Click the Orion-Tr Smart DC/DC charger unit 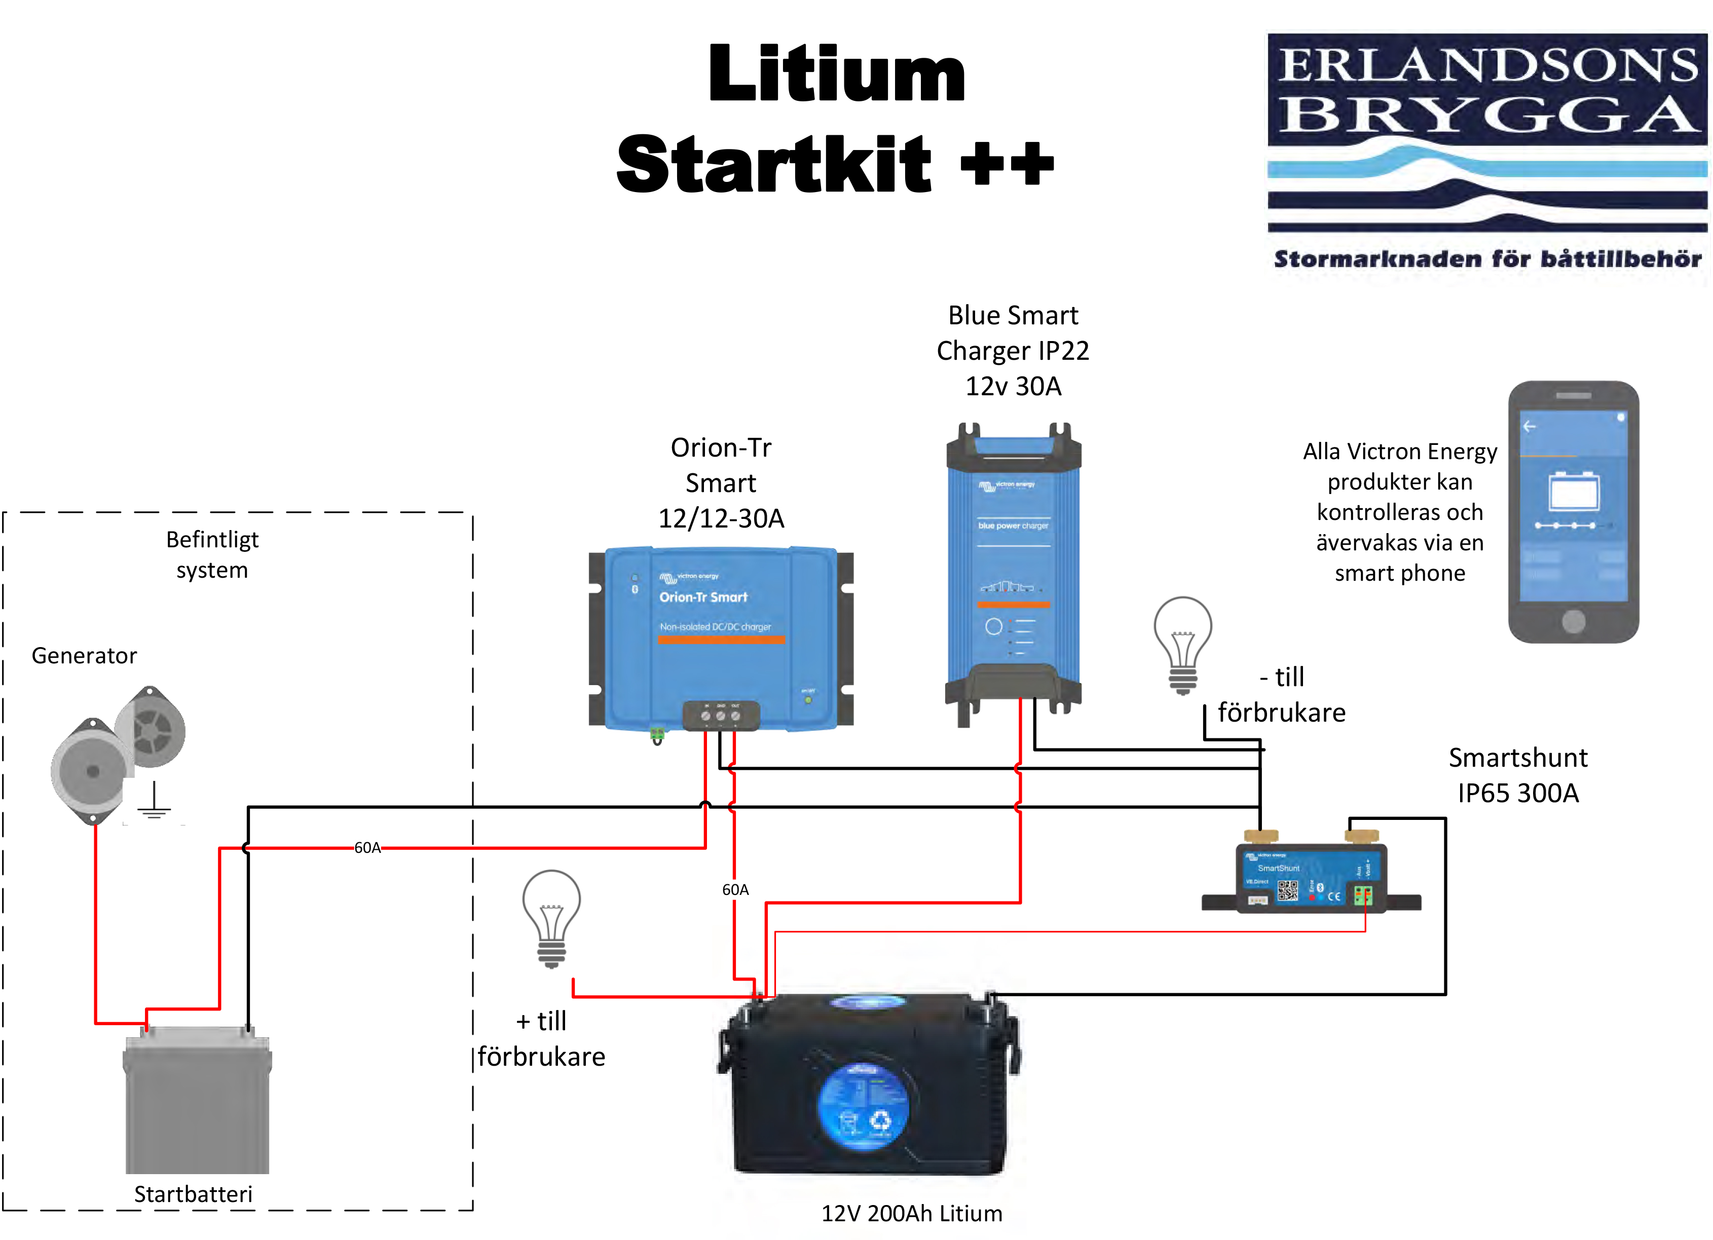click(x=721, y=638)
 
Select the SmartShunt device click(x=1311, y=880)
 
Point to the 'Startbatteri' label click(x=194, y=1194)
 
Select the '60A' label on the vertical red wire click(x=735, y=890)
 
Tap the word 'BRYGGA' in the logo click(x=1486, y=115)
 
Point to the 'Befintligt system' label click(x=212, y=554)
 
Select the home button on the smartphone click(x=1573, y=621)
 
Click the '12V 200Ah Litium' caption click(x=912, y=1213)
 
